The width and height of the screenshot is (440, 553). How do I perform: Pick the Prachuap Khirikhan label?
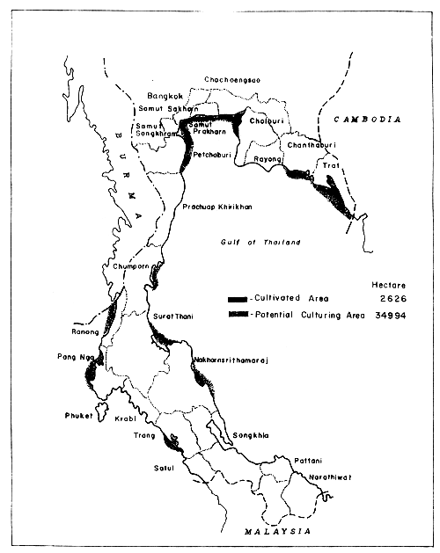[217, 207]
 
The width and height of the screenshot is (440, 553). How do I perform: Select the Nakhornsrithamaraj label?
[230, 360]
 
